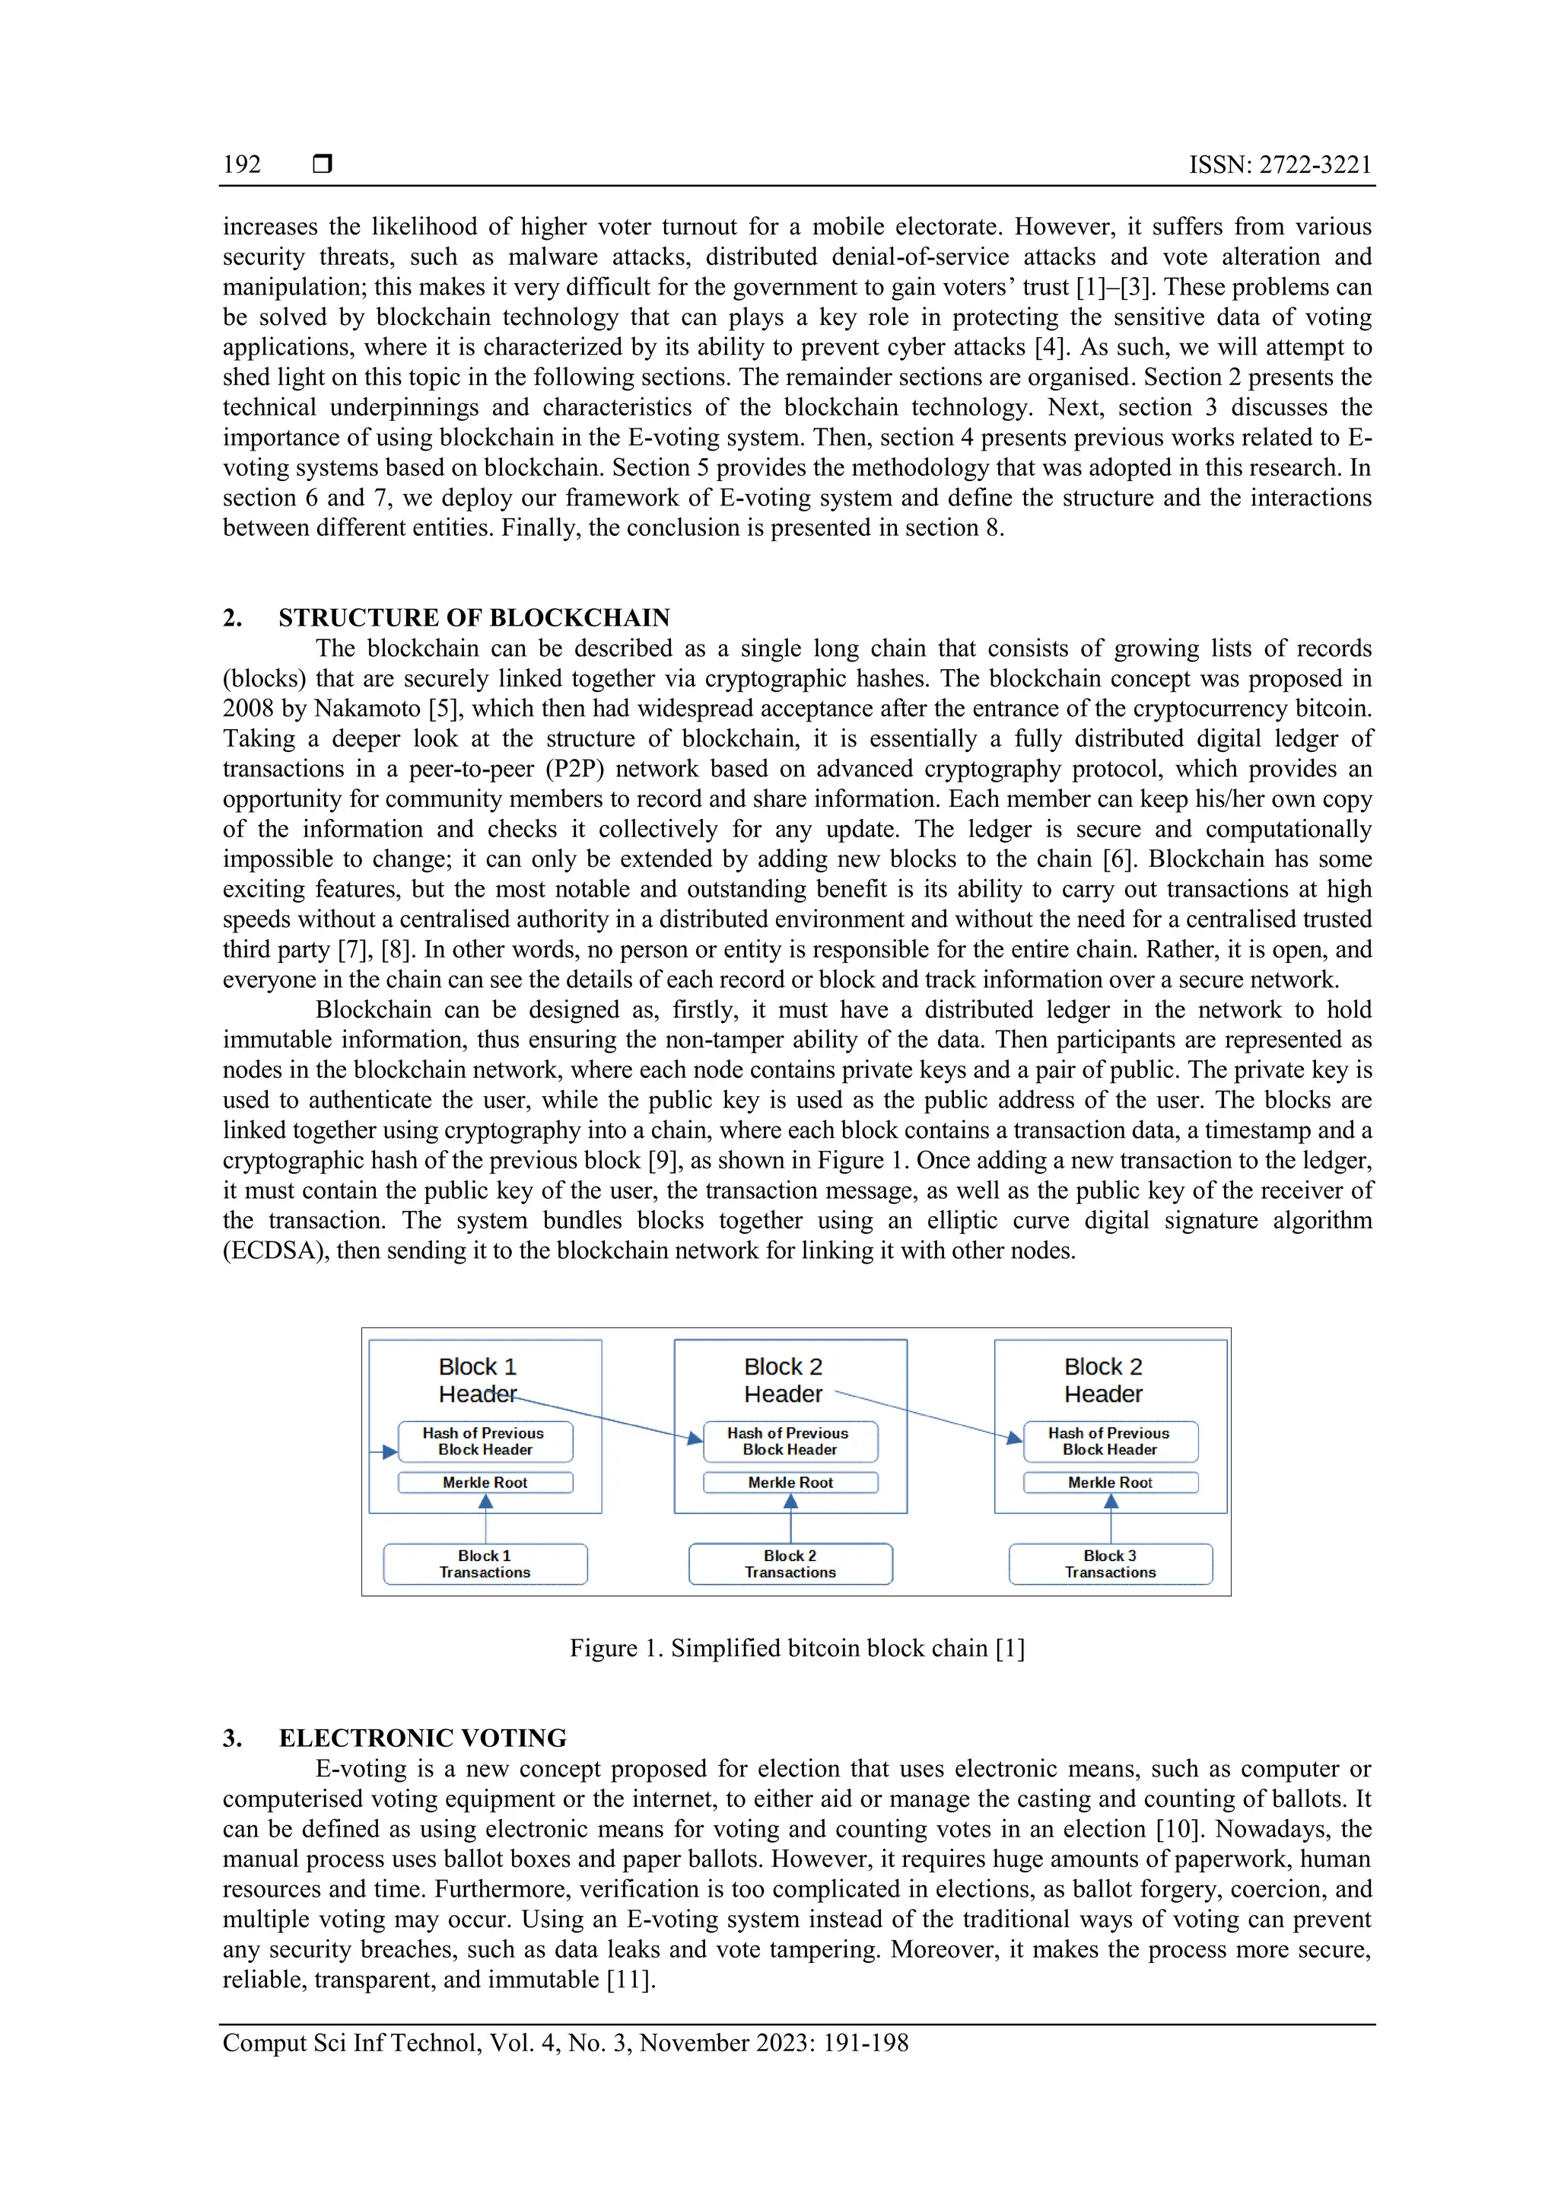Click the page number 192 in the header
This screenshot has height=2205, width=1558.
242,165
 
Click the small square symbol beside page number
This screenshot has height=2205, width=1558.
323,165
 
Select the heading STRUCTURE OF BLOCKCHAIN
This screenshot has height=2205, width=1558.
474,617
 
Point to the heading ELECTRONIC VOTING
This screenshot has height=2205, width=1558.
422,1738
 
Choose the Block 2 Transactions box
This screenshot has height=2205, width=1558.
790,1564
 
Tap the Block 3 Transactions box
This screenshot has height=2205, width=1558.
1110,1564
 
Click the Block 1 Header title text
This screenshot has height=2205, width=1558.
477,1380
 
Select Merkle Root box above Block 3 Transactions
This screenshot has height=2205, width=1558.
1110,1483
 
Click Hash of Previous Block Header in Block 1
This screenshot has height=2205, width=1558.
485,1442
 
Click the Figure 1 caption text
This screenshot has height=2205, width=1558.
796,1648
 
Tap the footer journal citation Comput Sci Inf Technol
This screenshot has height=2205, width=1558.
565,2043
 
